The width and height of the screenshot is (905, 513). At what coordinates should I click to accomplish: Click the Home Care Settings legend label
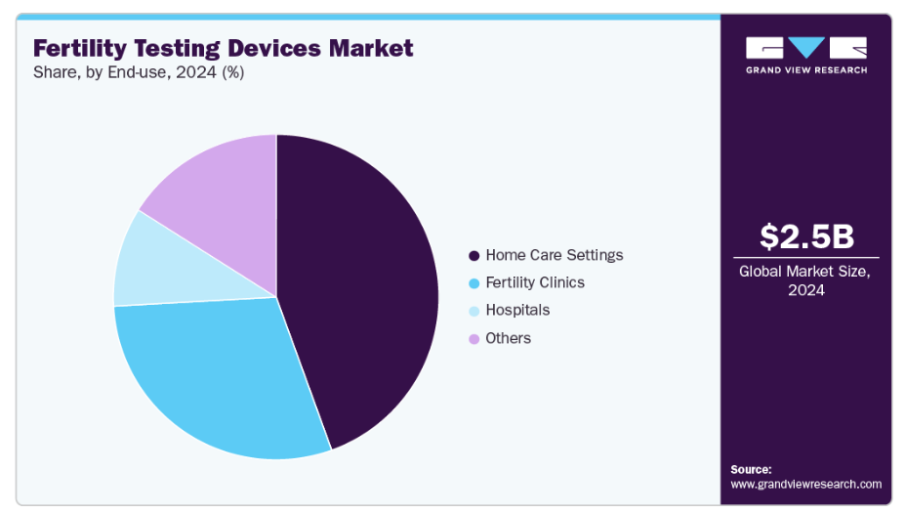(x=554, y=255)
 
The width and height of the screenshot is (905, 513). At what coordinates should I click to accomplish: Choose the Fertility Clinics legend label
(x=535, y=282)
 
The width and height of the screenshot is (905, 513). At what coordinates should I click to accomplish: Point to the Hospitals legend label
(x=517, y=310)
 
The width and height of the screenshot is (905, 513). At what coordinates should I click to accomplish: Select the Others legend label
(x=508, y=338)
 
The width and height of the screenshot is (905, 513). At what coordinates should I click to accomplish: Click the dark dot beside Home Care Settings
(x=474, y=256)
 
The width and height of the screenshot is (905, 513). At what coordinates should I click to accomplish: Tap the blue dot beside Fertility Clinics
(x=474, y=283)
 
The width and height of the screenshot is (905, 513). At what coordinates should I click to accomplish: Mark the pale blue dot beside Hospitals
(x=474, y=311)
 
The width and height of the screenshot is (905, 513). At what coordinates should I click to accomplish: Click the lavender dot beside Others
(x=474, y=339)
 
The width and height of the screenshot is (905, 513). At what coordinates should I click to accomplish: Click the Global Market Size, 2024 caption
(x=805, y=280)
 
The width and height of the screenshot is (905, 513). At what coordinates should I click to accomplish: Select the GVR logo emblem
(x=805, y=48)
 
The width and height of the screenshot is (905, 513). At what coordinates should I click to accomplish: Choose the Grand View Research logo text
(x=805, y=70)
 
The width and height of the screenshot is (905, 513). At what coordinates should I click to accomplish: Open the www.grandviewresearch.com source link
(x=805, y=484)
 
